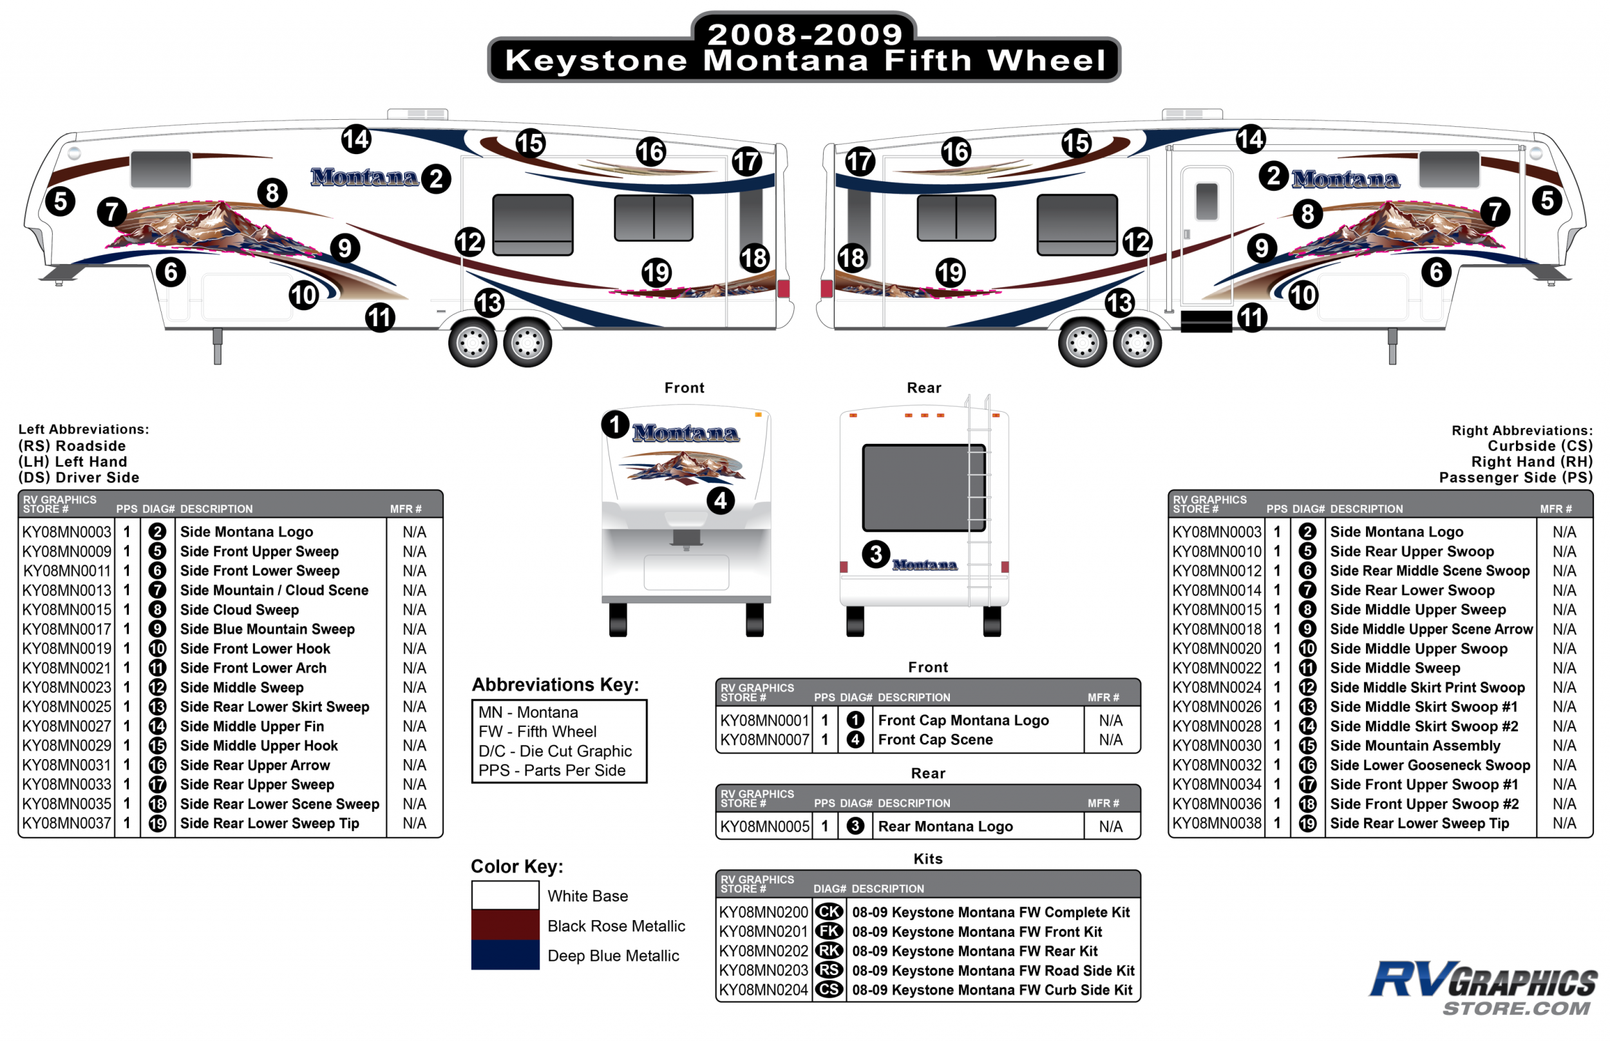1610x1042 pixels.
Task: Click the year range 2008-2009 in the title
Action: click(804, 34)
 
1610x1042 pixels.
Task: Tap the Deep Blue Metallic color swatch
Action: click(505, 955)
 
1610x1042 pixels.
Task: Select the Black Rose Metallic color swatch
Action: click(505, 925)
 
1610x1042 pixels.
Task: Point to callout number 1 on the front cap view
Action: click(614, 425)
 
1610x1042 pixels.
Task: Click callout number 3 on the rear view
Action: click(876, 554)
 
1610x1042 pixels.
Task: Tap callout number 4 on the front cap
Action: click(720, 501)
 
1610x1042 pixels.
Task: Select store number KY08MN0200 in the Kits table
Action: click(763, 912)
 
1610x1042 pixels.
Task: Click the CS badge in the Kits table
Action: click(829, 990)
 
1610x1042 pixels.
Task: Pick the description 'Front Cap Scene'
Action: click(935, 740)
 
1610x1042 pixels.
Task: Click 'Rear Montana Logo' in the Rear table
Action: click(945, 826)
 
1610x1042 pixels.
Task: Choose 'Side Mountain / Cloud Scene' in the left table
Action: click(274, 590)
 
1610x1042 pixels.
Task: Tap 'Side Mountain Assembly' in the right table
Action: click(1415, 746)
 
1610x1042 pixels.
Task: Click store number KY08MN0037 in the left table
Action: click(66, 824)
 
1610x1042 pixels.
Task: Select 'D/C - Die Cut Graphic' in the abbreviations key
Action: click(554, 751)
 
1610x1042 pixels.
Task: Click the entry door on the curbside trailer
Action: click(1206, 237)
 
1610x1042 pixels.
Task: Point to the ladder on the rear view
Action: click(978, 501)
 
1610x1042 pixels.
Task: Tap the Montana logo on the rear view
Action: click(924, 565)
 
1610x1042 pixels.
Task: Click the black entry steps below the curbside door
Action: click(1206, 322)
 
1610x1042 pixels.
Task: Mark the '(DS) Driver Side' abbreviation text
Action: click(79, 478)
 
